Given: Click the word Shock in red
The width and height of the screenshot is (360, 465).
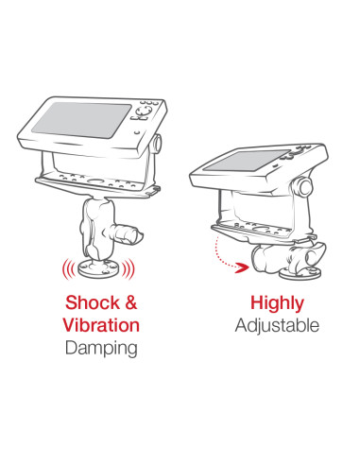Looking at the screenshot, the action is click(x=93, y=302).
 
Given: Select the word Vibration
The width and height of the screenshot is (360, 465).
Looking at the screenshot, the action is click(x=101, y=325).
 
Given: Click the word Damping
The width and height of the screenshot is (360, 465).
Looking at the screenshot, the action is click(x=101, y=349).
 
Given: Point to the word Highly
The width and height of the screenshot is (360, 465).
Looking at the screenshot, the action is click(x=277, y=303).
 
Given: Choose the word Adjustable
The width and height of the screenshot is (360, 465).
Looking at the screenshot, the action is click(x=277, y=326).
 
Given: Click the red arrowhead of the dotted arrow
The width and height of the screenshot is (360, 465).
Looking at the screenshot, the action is click(x=242, y=267).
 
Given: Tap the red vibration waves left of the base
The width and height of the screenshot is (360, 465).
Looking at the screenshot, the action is click(x=69, y=268).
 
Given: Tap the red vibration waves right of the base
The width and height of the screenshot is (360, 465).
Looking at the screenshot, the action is click(x=129, y=268).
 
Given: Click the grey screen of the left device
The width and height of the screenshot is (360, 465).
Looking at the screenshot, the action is click(x=82, y=120).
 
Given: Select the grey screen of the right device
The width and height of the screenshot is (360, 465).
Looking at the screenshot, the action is click(x=246, y=161).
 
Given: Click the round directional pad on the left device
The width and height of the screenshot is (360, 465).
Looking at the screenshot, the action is click(x=144, y=111).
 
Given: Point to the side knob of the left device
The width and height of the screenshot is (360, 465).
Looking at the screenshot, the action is click(x=157, y=144).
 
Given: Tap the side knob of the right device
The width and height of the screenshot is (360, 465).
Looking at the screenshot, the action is click(x=304, y=187).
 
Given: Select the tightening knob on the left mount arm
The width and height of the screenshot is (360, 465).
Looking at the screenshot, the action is click(x=126, y=233).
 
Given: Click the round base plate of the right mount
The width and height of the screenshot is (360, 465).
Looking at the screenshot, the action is click(x=300, y=273).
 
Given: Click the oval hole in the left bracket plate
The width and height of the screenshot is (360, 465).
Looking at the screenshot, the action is click(x=96, y=181).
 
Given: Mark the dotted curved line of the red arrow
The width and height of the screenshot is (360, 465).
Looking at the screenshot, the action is click(x=220, y=255).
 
